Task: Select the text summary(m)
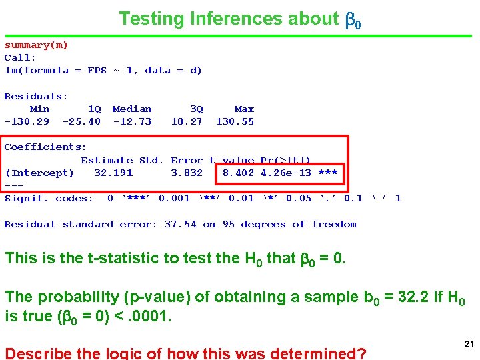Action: (36, 45)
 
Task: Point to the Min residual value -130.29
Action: (27, 121)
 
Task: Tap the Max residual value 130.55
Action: (235, 121)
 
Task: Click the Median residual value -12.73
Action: (132, 121)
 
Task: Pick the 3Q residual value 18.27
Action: (187, 121)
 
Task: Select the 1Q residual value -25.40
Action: (81, 121)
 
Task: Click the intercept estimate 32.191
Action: (113, 173)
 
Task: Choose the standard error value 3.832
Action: (187, 173)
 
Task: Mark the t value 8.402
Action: (238, 173)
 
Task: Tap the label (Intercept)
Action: (39, 173)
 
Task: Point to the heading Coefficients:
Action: (45, 147)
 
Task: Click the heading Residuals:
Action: (36, 96)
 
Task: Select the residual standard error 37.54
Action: (180, 224)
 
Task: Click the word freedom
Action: (334, 224)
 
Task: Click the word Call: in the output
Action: (20, 57)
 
